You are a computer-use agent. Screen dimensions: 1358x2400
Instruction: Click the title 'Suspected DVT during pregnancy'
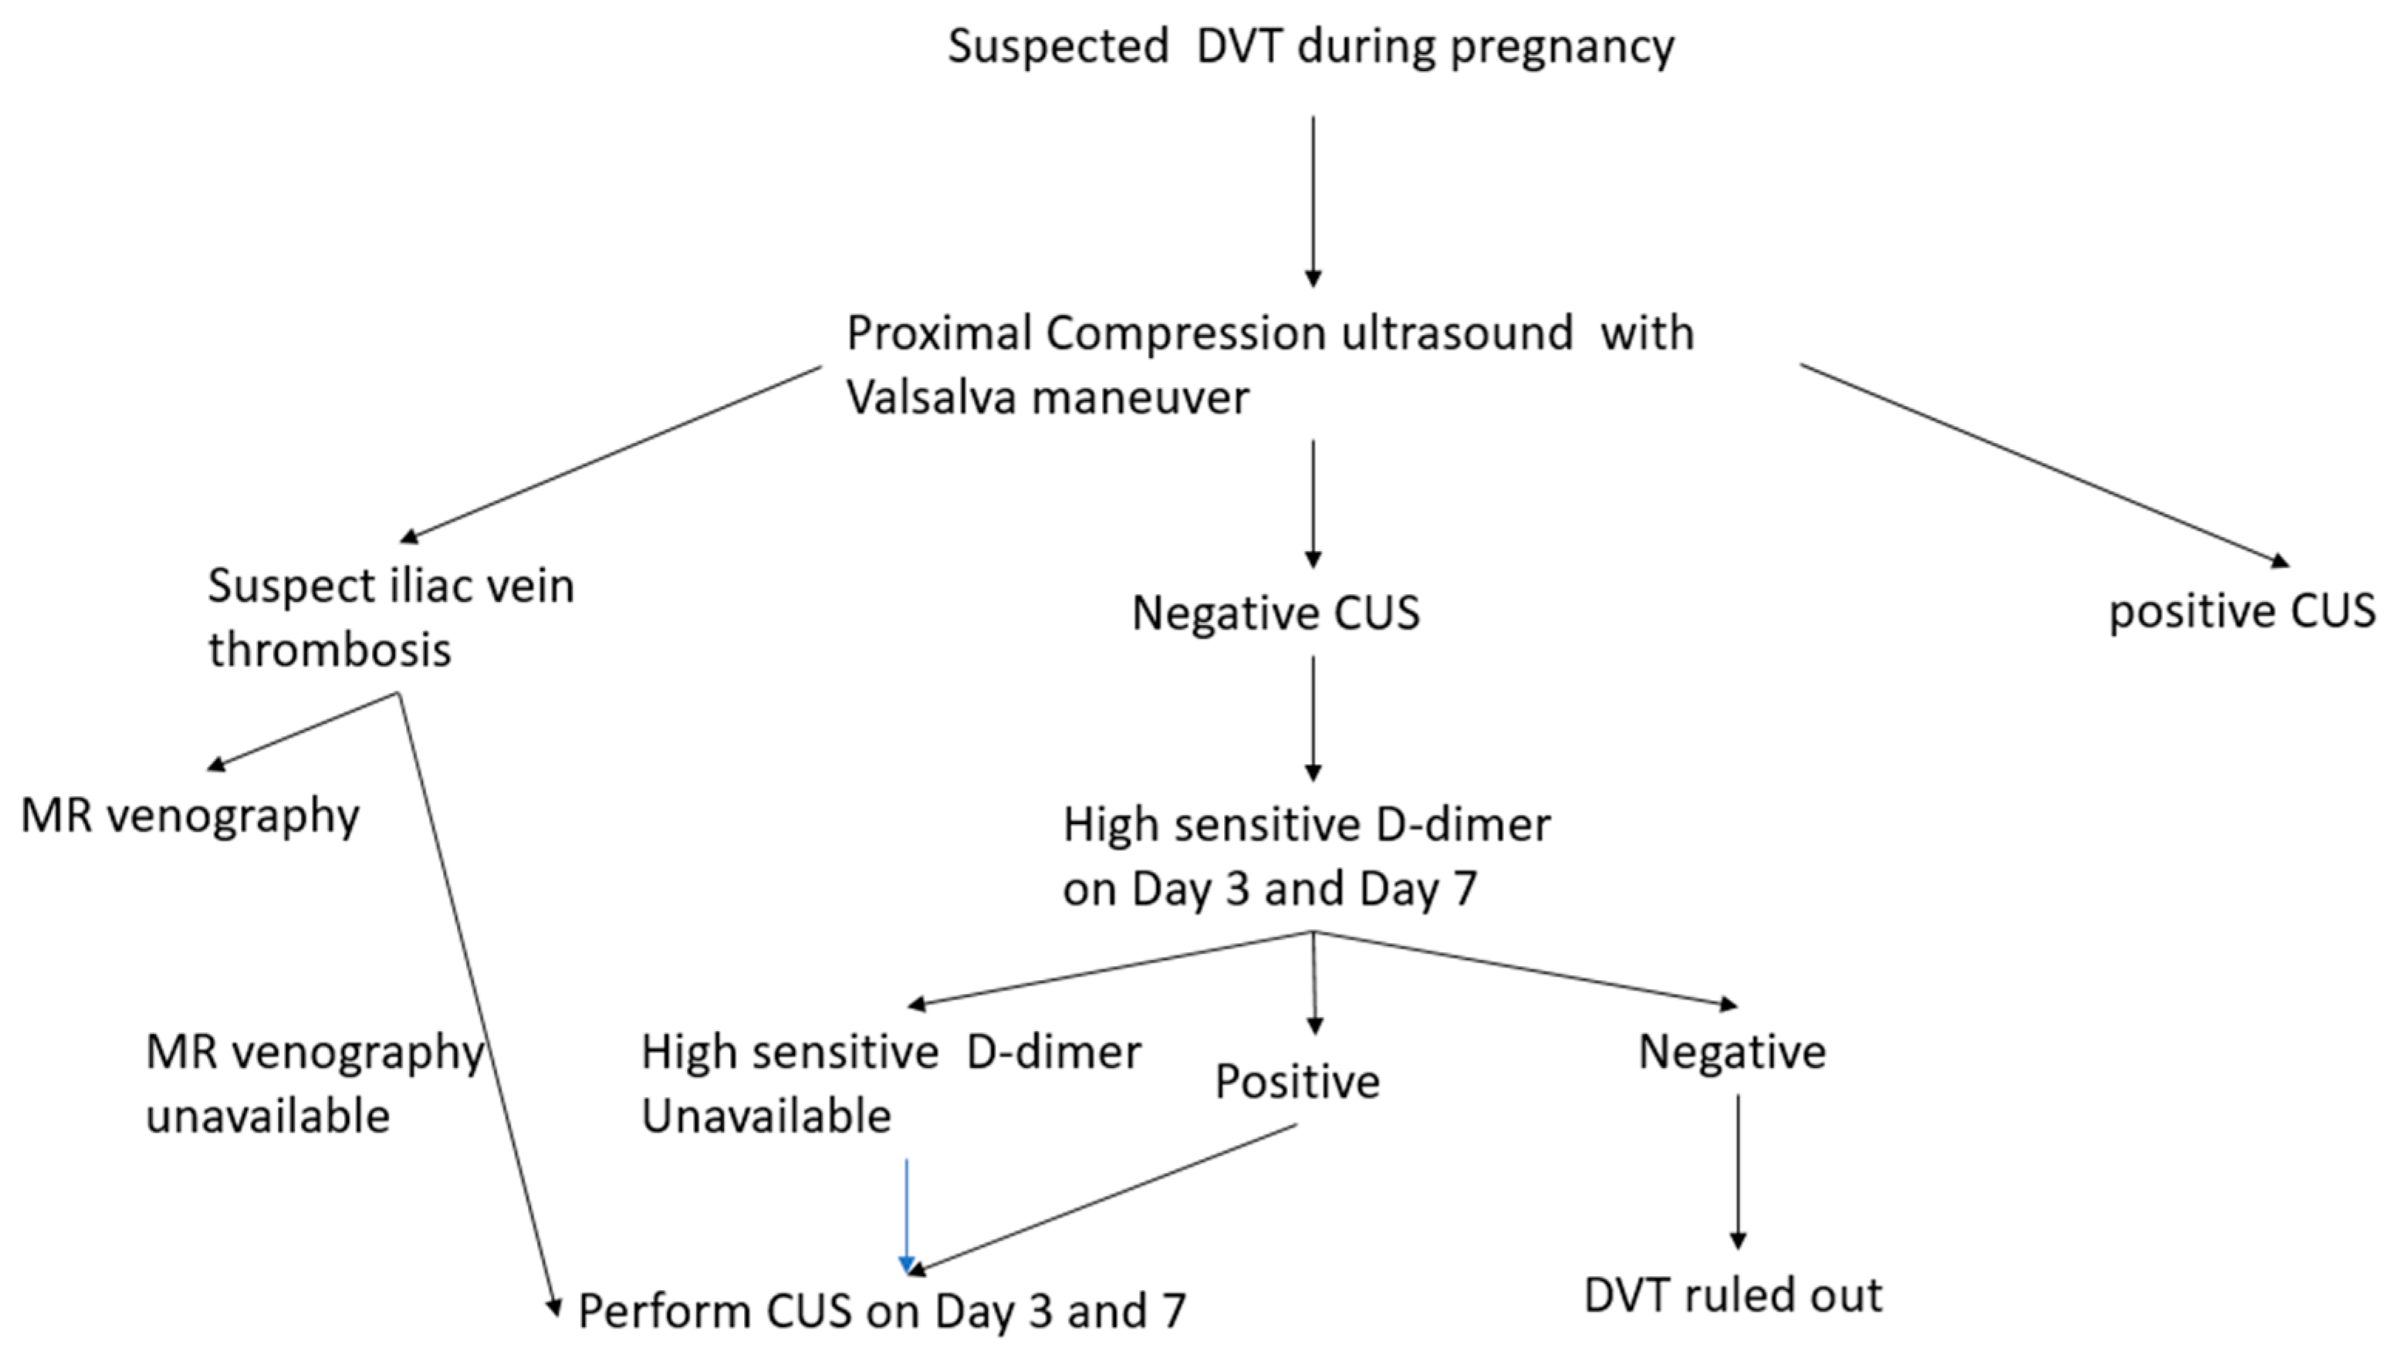[1310, 46]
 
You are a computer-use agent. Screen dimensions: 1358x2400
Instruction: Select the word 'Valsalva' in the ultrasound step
[933, 398]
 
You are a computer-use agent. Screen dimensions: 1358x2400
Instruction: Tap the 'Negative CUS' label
[1275, 613]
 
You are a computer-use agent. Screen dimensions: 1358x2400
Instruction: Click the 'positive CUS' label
[2243, 612]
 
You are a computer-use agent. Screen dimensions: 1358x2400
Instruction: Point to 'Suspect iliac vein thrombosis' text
[390, 617]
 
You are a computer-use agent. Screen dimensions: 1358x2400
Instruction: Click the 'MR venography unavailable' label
[314, 1084]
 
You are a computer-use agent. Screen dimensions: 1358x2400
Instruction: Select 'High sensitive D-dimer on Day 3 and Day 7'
[1306, 856]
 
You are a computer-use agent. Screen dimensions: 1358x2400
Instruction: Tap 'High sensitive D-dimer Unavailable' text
[890, 1084]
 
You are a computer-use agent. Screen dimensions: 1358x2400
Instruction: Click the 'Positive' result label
[1296, 1082]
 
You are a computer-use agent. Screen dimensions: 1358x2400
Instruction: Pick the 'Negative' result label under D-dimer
[1732, 1052]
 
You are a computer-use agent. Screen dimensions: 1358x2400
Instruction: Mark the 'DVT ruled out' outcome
[1733, 1296]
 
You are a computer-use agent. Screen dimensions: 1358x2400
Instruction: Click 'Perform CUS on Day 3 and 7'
[881, 1312]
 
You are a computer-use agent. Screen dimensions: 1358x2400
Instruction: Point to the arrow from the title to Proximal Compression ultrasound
[1313, 201]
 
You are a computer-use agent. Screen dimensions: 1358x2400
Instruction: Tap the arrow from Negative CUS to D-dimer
[1313, 718]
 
